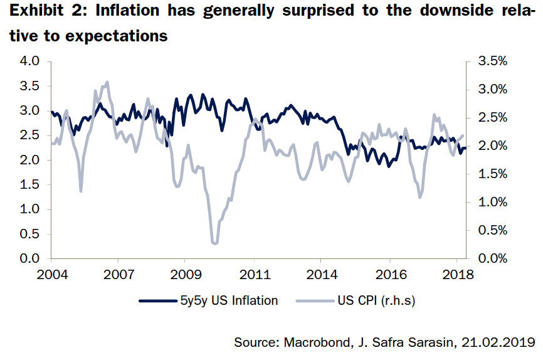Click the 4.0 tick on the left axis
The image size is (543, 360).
29,61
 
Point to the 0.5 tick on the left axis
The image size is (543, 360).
29,234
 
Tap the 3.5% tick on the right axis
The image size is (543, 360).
492,61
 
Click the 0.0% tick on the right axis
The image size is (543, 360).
492,258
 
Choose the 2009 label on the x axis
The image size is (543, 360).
185,276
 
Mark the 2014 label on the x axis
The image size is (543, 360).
320,276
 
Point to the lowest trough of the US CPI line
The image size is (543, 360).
215,243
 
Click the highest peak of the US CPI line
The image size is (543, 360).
107,82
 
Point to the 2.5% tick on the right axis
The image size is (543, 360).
492,118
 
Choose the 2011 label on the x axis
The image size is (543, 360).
254,276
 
